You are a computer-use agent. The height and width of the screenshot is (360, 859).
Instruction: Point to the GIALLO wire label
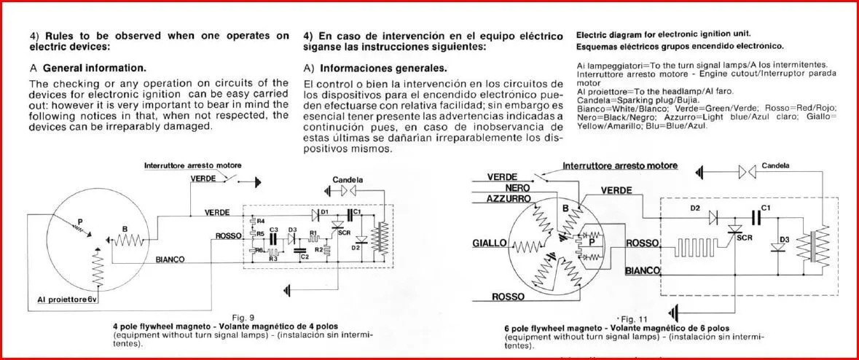(490, 243)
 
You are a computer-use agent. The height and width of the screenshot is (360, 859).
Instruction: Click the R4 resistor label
(261, 221)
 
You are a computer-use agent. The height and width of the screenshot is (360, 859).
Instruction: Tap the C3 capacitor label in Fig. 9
(274, 230)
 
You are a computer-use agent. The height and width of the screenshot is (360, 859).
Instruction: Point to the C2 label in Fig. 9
(305, 257)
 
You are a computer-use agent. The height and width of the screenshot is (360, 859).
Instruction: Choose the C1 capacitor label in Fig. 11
(765, 208)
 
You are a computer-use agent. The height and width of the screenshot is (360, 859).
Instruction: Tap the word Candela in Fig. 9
(348, 179)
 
